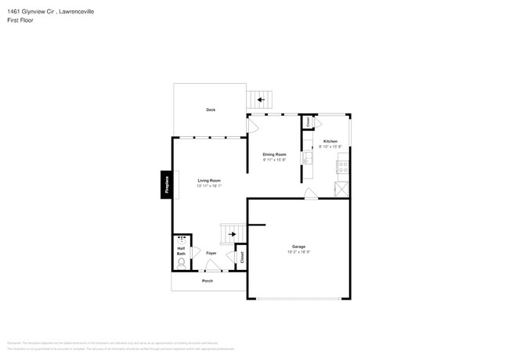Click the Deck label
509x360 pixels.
pos(211,110)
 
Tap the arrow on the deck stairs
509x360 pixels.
pos(261,99)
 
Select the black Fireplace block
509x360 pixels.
pos(167,185)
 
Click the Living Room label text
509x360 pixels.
pos(209,181)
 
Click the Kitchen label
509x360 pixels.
pos(330,142)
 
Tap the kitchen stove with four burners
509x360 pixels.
pos(342,165)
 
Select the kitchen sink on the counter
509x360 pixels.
pos(309,160)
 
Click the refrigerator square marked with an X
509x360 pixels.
pos(341,189)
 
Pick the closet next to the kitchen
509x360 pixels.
pos(309,123)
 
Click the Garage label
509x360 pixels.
pos(298,246)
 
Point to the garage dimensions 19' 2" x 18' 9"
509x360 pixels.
pos(298,251)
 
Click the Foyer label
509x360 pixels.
pos(211,254)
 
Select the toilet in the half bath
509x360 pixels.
pos(181,265)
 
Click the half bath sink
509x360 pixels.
pos(182,239)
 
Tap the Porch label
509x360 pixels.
pos(208,280)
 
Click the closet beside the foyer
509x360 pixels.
pos(242,256)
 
